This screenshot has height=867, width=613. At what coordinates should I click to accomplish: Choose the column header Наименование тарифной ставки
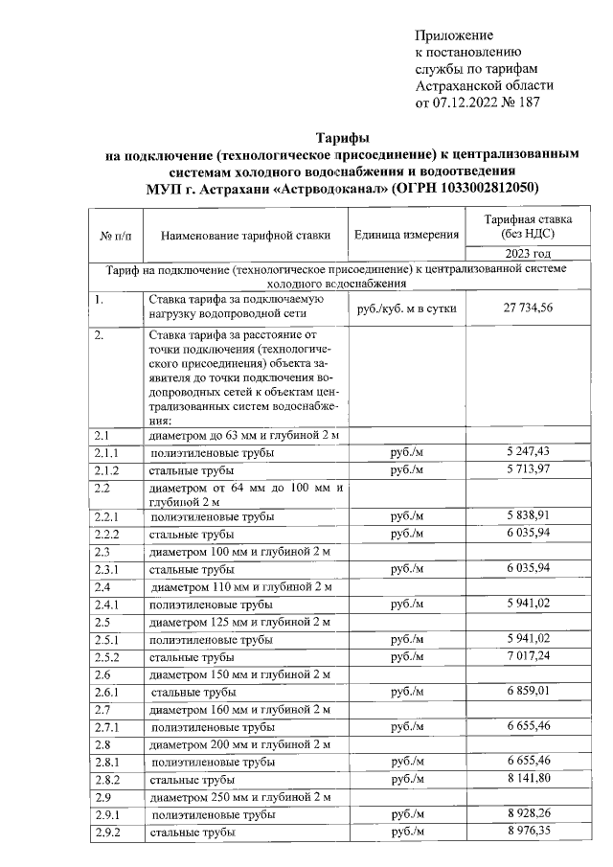tap(245, 236)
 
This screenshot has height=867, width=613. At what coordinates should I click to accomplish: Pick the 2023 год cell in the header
tap(528, 254)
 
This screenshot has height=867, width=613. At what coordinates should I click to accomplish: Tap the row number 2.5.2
tap(105, 658)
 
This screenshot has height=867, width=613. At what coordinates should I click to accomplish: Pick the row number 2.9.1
tap(105, 814)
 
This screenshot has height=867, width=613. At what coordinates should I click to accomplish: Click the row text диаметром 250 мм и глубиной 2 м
tap(240, 797)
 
